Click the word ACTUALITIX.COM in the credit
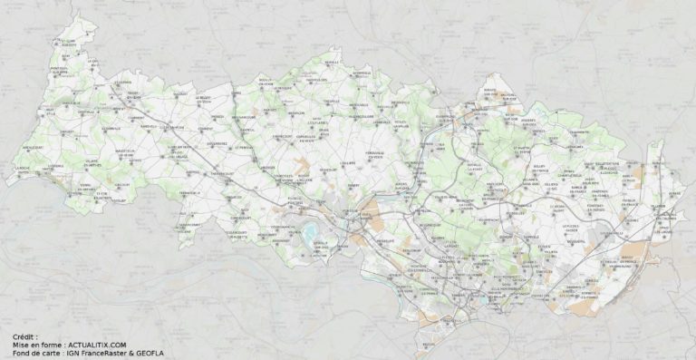point(96,345)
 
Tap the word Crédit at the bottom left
point(24,336)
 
